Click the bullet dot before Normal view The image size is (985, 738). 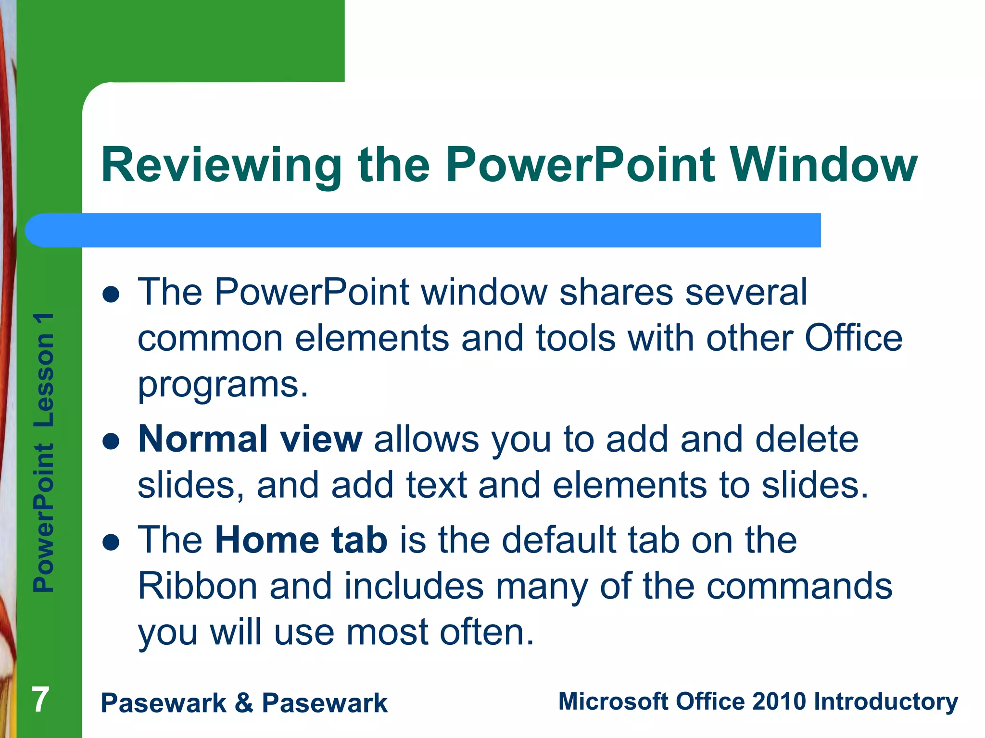coord(111,441)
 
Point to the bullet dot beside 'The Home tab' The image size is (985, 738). coord(111,542)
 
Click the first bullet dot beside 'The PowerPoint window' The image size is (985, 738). coord(111,294)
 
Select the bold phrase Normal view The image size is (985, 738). coord(250,439)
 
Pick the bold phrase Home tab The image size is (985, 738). coord(301,540)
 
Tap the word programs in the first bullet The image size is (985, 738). coord(223,385)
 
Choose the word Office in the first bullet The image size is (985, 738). coord(853,339)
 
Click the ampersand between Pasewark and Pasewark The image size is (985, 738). coord(244,703)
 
